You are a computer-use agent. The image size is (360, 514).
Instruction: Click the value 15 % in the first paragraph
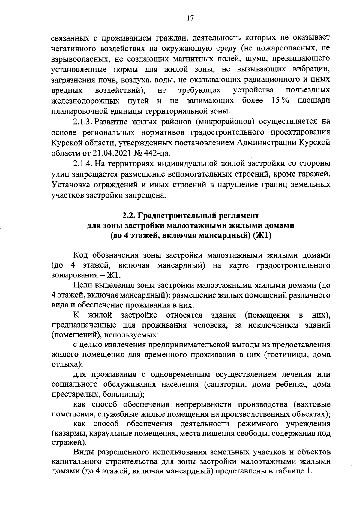tap(280, 100)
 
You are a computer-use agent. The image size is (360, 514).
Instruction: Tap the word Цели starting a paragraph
tap(83, 285)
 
